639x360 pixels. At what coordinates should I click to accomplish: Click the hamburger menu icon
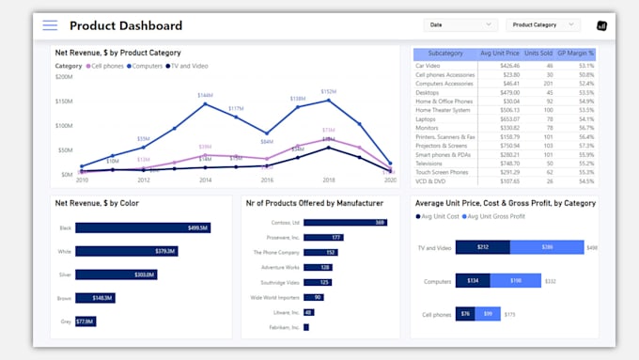pyautogui.click(x=50, y=25)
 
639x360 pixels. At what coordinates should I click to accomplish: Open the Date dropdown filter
pyautogui.click(x=460, y=25)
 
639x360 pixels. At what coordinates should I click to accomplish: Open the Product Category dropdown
pyautogui.click(x=542, y=25)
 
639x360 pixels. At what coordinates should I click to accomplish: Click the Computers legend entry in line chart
pyautogui.click(x=147, y=66)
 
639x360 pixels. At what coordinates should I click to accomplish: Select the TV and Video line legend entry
pyautogui.click(x=187, y=66)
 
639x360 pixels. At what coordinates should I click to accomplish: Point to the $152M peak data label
pyautogui.click(x=328, y=92)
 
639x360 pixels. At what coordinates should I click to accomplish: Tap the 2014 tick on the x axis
pyautogui.click(x=205, y=180)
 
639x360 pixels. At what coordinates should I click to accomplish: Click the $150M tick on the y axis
pyautogui.click(x=64, y=101)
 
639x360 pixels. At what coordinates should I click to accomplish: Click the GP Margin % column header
pyautogui.click(x=575, y=54)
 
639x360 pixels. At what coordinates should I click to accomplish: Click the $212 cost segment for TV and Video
pyautogui.click(x=482, y=248)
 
